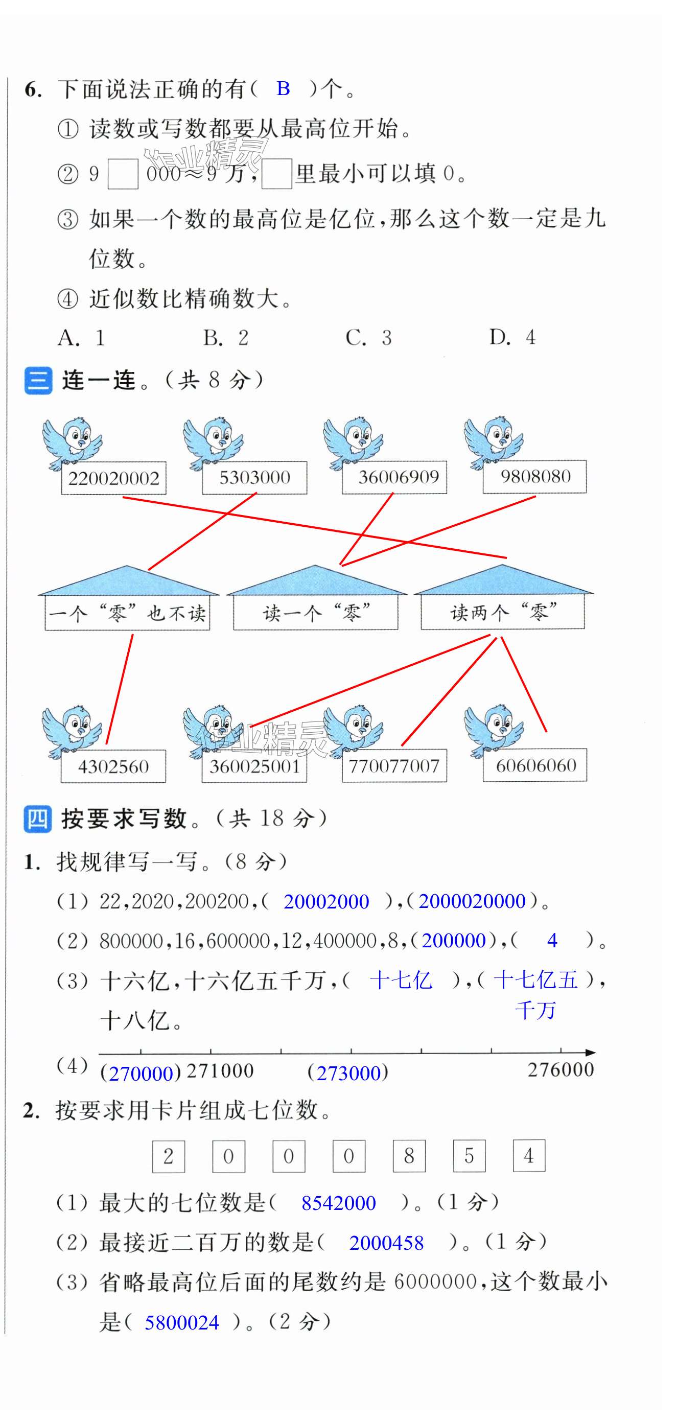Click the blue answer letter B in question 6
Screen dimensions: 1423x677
coord(283,88)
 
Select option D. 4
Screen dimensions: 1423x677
coord(512,337)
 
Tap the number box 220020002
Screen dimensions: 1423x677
coord(114,478)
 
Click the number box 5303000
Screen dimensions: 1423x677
coord(254,477)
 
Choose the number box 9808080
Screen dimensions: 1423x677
coord(535,476)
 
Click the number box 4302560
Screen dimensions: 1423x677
coord(113,766)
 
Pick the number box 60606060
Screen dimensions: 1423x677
coord(535,765)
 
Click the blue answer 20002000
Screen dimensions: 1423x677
coord(326,901)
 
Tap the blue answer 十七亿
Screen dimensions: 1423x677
coord(401,981)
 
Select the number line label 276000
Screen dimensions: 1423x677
coord(561,1070)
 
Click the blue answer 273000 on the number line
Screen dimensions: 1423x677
coord(348,1073)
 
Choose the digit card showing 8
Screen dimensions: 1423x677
coord(409,1156)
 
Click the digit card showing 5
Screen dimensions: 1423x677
coord(469,1156)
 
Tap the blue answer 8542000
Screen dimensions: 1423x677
coord(338,1203)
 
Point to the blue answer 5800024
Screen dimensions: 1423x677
coord(182,1322)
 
